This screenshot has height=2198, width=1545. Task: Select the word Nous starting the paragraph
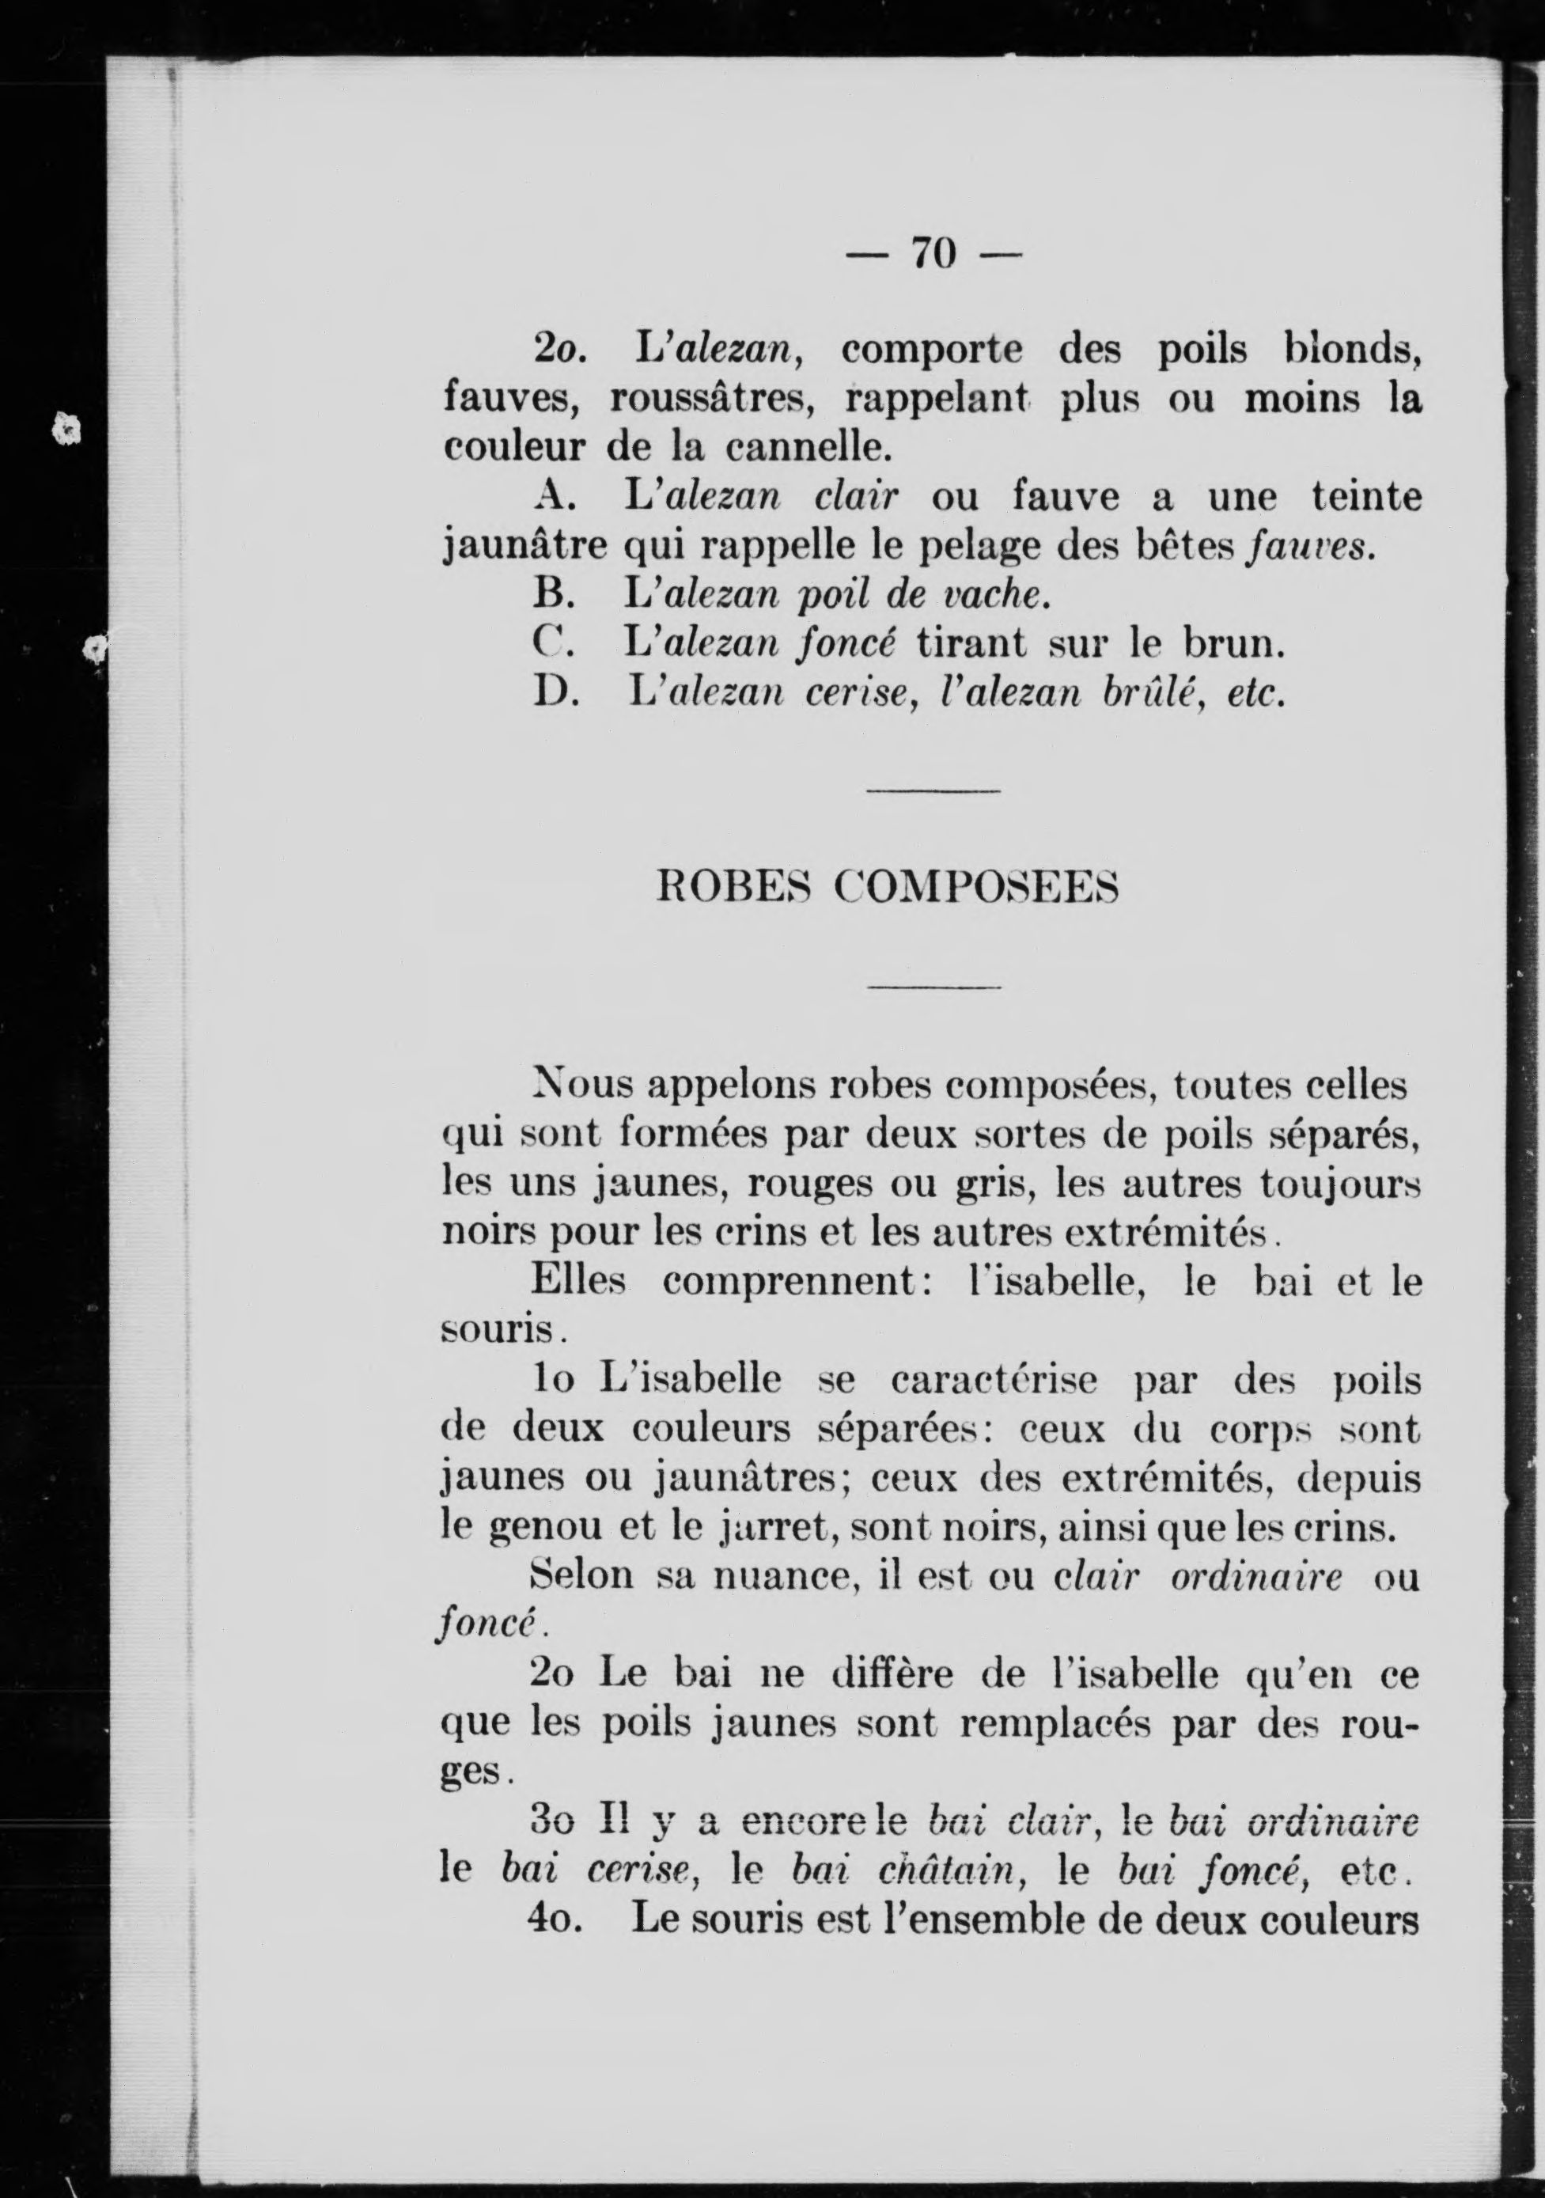[x=582, y=1087]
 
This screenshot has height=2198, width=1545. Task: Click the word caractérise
[x=998, y=1381]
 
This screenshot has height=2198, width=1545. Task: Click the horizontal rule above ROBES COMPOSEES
[x=933, y=790]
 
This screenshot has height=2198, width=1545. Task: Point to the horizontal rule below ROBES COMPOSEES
[x=933, y=986]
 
